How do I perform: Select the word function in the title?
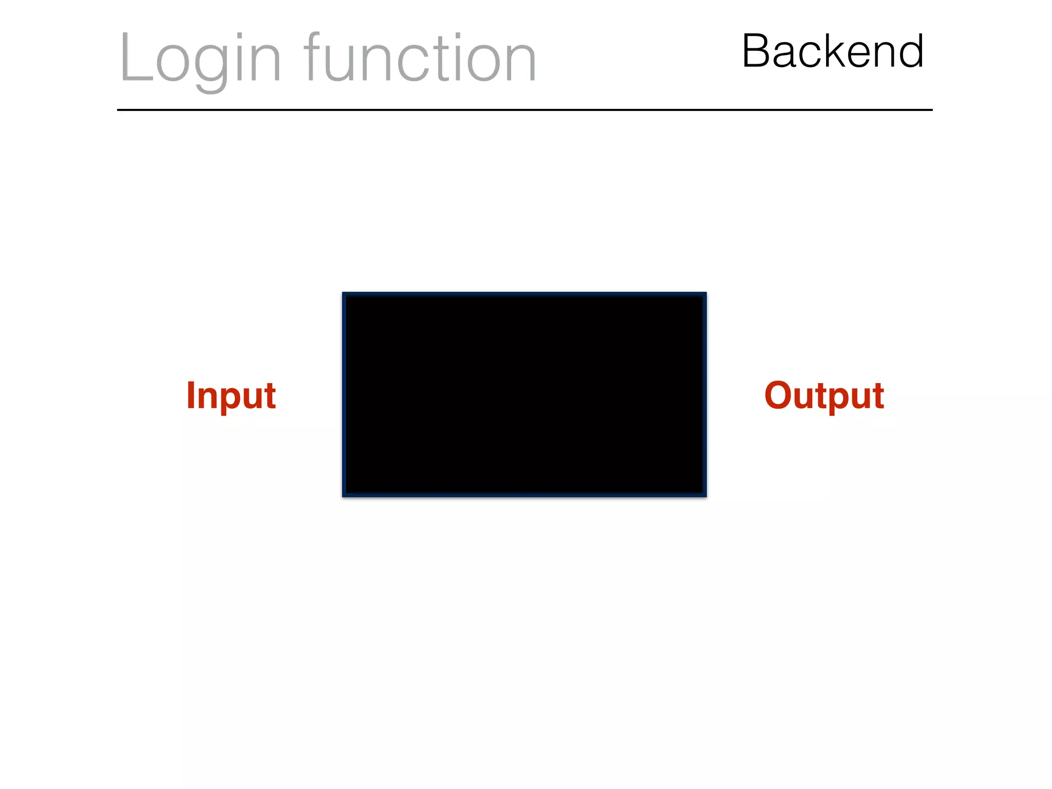(x=420, y=58)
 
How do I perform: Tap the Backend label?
(x=833, y=51)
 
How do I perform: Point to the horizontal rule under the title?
(x=524, y=110)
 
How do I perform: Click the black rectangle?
(x=524, y=394)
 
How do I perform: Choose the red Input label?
(x=231, y=396)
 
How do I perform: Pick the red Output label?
(x=824, y=396)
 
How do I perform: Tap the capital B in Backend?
(x=757, y=51)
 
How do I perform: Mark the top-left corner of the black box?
(x=344, y=294)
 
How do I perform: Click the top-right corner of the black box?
(x=705, y=294)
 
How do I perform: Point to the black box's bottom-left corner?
(x=344, y=496)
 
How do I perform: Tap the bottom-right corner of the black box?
(x=705, y=496)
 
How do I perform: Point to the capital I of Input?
(x=191, y=395)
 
